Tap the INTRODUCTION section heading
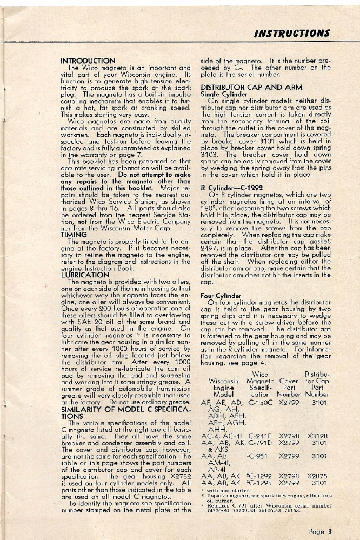point(88,61)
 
